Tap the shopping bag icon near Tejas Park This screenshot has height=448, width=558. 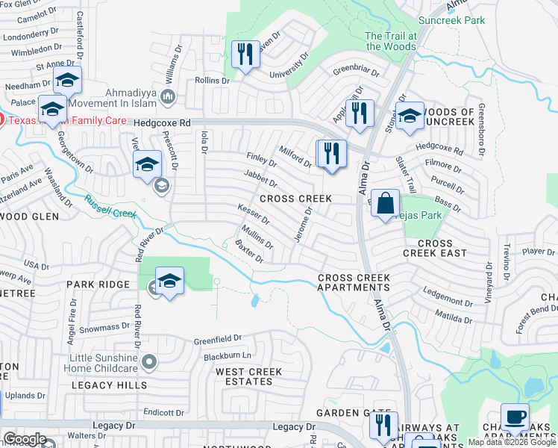[385, 203]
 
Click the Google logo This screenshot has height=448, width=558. [25, 439]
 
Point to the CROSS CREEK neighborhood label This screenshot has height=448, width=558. [295, 199]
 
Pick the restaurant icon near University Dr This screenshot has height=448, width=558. [245, 55]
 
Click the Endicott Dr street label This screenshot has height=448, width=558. [164, 412]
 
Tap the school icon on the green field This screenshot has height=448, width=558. [170, 281]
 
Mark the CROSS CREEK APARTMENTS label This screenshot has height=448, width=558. [354, 282]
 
